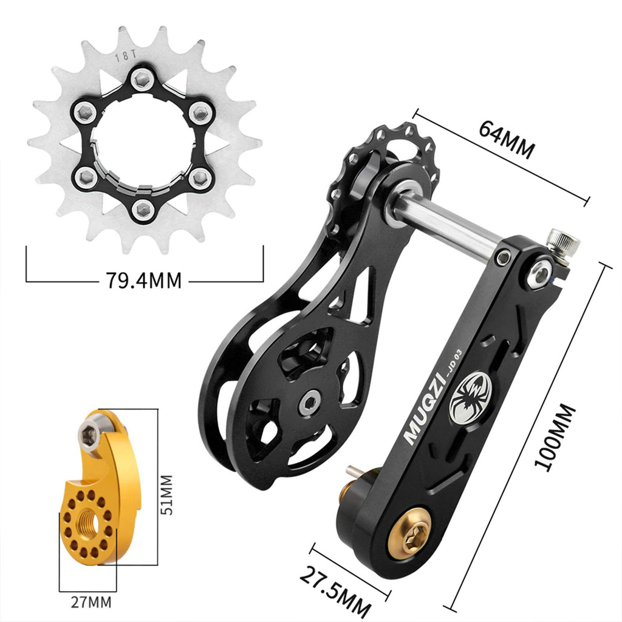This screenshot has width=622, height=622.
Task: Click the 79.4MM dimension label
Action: (143, 279)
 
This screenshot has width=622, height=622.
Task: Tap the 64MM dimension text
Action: (507, 139)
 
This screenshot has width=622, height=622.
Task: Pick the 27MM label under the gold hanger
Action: (91, 602)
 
